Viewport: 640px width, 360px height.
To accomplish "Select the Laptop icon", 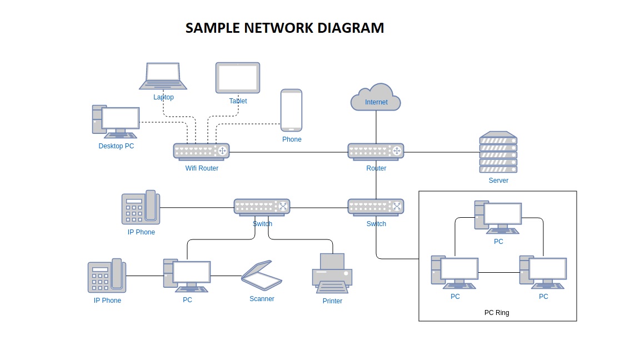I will coord(163,76).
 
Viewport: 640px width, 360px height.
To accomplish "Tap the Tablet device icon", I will coord(238,78).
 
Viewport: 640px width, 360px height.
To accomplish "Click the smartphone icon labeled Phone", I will coord(291,110).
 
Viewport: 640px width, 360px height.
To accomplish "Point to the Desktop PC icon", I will coord(116,121).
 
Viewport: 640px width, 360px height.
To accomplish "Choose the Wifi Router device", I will coord(201,151).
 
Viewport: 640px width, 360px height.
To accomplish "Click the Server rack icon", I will coord(498,152).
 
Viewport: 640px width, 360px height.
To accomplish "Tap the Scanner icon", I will coord(262,275).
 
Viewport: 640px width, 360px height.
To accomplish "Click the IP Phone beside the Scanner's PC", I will coord(107,276).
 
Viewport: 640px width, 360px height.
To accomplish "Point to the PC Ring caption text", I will coord(497,313).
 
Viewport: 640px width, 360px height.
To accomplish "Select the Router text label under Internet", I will coord(376,168).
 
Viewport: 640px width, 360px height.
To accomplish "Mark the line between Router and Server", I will coord(442,152).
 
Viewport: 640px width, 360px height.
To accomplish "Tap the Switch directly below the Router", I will coord(376,207).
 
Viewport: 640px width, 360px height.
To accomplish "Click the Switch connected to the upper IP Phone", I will coord(262,207).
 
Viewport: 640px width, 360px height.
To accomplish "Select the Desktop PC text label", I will coord(116,146).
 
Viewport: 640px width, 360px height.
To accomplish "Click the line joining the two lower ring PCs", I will coord(499,272).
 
